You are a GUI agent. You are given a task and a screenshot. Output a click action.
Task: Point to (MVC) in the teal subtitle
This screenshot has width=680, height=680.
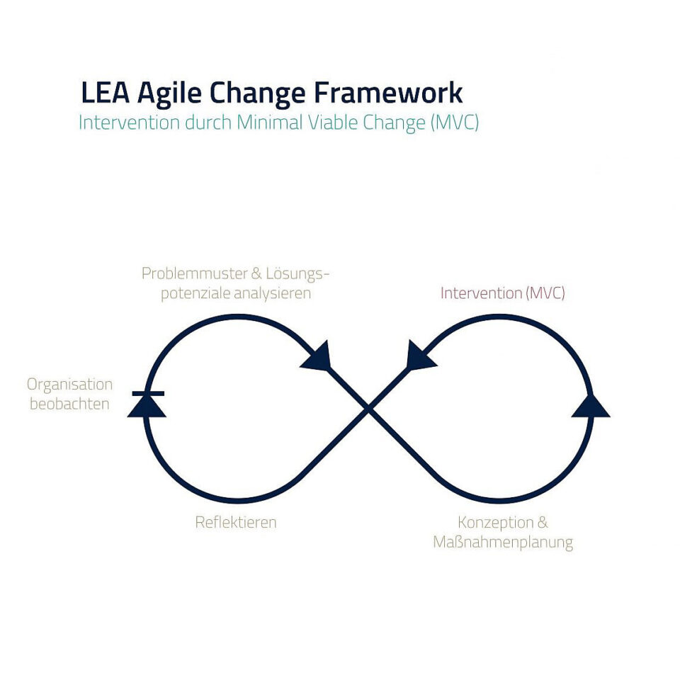(455, 123)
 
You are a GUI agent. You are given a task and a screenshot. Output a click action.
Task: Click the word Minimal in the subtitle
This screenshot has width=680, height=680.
(270, 123)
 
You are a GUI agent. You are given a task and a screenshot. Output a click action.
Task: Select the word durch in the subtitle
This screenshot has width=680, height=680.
(208, 123)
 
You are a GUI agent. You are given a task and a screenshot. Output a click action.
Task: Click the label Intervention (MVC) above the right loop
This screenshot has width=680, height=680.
(503, 293)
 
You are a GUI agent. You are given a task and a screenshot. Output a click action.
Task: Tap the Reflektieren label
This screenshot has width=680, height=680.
(236, 522)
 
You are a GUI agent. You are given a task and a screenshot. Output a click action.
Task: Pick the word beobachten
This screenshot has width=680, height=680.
(69, 404)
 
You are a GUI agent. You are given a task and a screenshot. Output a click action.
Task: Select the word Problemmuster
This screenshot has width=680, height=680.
(195, 273)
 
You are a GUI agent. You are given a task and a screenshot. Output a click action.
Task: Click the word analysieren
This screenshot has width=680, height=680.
(272, 293)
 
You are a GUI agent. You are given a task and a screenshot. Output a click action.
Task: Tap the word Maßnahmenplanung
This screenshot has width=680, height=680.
(503, 543)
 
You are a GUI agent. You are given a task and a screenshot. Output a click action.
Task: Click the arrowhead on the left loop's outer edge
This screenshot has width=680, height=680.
(147, 406)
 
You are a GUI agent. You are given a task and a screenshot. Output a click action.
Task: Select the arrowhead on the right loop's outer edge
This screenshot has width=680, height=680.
(591, 406)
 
